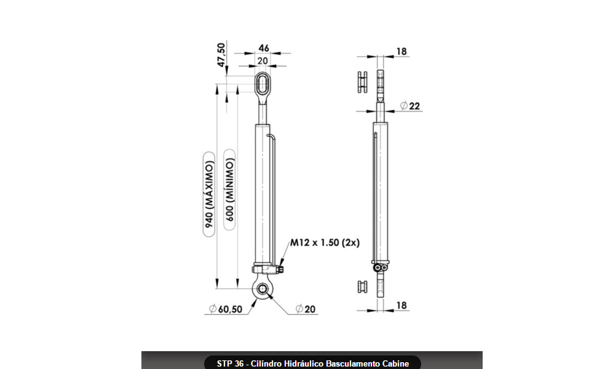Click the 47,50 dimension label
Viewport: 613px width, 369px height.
click(x=222, y=55)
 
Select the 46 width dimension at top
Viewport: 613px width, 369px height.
click(x=264, y=48)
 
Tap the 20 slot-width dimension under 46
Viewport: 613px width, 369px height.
click(x=263, y=61)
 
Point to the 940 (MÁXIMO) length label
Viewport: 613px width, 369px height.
click(x=210, y=194)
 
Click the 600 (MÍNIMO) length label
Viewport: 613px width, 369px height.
click(x=229, y=189)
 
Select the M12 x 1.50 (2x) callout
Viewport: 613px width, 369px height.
click(x=325, y=243)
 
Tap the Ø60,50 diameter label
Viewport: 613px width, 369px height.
click(x=226, y=309)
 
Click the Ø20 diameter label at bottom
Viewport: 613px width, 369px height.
click(x=306, y=309)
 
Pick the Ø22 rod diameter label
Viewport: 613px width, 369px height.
click(x=410, y=106)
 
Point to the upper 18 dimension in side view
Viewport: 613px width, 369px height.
click(x=401, y=52)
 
